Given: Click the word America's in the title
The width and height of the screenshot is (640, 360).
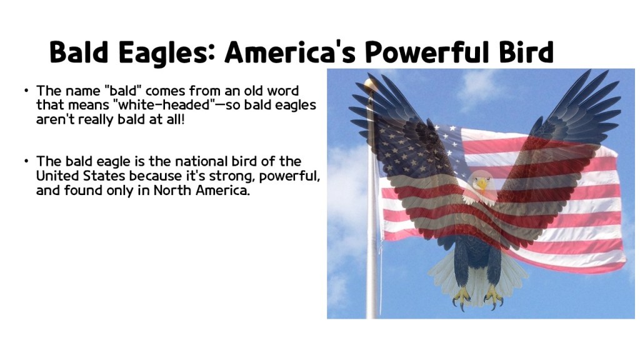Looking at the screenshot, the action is [289, 52].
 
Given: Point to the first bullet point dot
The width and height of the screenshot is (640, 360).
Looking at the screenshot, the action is [27, 91].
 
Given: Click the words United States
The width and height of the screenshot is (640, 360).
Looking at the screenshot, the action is [81, 176].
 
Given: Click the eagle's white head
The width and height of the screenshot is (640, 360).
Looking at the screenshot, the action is [481, 182].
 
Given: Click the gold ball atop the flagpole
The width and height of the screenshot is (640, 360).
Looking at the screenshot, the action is [371, 84].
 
